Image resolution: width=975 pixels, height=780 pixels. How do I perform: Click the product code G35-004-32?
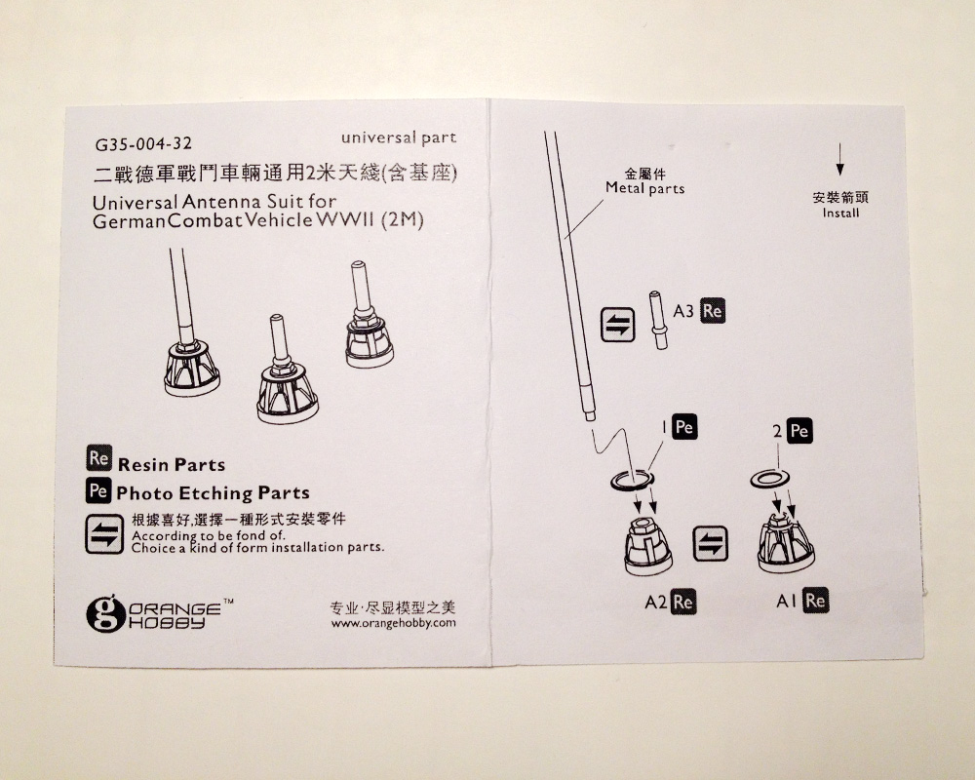pos(136,144)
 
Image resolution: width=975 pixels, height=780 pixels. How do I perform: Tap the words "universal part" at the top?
pos(399,137)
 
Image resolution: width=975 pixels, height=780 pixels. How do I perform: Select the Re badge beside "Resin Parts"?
pos(97,458)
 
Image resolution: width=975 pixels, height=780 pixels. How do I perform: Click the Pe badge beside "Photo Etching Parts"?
pos(97,490)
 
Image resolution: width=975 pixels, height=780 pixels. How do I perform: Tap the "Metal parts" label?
pos(644,188)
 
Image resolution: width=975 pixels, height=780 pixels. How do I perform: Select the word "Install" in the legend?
pos(840,213)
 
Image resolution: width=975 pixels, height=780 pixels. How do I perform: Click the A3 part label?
pos(684,312)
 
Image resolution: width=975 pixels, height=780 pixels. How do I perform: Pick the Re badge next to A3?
pos(712,312)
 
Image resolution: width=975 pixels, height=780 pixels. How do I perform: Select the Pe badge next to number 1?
pos(684,427)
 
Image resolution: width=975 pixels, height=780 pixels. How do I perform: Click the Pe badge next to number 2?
pos(799,431)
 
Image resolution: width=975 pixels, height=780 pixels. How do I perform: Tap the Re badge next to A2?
pos(683,601)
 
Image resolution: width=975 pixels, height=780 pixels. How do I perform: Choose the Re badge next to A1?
pos(815,601)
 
